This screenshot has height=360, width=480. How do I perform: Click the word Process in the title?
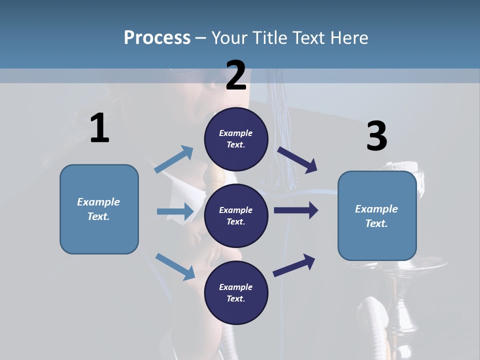click(157, 38)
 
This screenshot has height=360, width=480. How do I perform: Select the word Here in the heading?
click(349, 38)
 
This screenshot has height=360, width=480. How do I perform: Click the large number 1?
click(99, 128)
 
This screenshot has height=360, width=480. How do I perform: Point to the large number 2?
click(236, 75)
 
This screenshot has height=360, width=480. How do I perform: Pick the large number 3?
click(376, 136)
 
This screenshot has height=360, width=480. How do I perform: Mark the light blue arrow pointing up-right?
click(174, 159)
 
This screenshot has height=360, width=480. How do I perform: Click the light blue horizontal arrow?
click(174, 211)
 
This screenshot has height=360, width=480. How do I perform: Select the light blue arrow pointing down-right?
click(175, 266)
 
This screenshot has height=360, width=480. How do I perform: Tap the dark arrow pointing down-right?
click(297, 159)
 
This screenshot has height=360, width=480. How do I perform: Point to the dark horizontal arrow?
click(296, 210)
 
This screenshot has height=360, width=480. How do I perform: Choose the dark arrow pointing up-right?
click(294, 265)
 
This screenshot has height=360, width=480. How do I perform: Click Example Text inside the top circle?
click(236, 139)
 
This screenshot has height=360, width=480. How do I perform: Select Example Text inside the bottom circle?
click(236, 293)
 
